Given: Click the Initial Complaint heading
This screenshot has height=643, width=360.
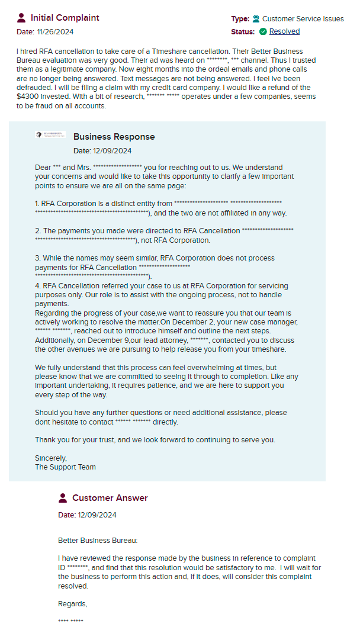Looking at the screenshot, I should click(x=65, y=18).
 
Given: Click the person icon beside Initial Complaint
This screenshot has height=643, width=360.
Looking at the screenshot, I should click(x=22, y=18).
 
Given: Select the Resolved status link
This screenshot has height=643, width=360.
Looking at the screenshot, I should click(x=284, y=31).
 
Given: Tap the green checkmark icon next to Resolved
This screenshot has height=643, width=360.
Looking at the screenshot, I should click(x=263, y=31).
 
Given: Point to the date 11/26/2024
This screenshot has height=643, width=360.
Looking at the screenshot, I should click(x=54, y=32).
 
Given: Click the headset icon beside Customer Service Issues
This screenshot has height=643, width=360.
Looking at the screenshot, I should click(x=256, y=19).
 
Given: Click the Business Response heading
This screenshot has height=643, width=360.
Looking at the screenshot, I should click(x=114, y=137).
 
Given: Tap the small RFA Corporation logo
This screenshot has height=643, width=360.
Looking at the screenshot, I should click(x=50, y=136).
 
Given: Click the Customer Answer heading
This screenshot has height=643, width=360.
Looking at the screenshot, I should click(x=110, y=498).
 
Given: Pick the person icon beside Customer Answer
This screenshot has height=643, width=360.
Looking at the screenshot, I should click(x=63, y=498).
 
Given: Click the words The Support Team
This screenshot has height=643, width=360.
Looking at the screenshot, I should click(x=65, y=467).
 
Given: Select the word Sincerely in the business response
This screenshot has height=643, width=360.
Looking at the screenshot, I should click(x=51, y=458).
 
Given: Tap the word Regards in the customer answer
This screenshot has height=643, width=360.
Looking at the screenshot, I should click(x=72, y=604).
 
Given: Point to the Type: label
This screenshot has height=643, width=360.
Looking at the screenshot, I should click(x=240, y=19).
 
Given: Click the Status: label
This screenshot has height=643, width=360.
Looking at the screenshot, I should click(x=243, y=31).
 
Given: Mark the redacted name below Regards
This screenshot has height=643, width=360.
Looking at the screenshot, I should click(x=70, y=621).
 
